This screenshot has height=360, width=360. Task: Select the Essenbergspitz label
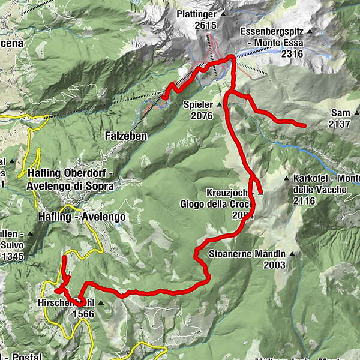pos(272,31)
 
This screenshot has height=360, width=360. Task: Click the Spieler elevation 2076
pos(202,116)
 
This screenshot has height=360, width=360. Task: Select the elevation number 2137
pos(340,124)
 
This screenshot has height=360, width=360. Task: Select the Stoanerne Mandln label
pos(246,253)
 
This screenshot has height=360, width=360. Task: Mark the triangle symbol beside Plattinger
pos(223,13)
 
